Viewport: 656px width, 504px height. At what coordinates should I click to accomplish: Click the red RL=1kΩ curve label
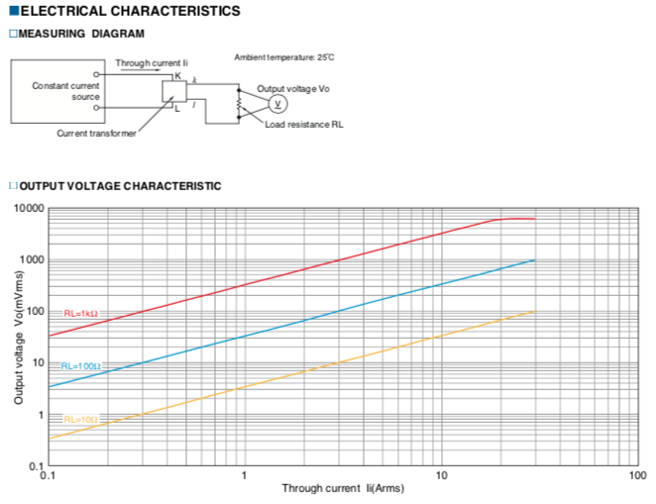(x=80, y=314)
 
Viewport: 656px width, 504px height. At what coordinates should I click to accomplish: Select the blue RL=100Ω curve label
(x=80, y=366)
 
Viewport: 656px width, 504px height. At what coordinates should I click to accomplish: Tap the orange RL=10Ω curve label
(x=80, y=420)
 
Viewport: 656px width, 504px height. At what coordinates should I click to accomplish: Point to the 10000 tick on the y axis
(x=29, y=208)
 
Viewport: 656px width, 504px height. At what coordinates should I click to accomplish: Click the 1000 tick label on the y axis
(x=32, y=260)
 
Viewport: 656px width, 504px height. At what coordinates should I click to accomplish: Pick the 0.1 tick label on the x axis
(x=48, y=475)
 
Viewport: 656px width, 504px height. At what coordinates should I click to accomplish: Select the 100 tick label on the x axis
(x=637, y=475)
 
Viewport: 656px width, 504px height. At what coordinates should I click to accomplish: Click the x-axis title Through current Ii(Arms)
(x=343, y=488)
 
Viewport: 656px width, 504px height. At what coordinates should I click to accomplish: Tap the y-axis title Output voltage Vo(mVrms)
(x=19, y=338)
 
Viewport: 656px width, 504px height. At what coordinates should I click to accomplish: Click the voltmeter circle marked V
(x=277, y=104)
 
